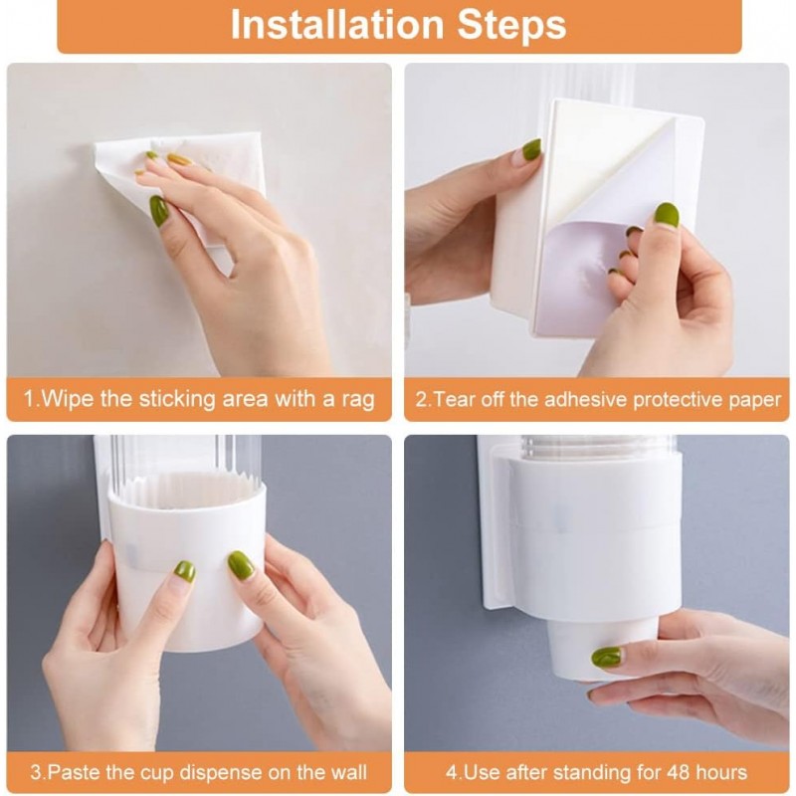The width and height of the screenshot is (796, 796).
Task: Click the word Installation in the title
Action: [x=337, y=24]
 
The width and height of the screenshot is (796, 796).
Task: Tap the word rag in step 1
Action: [x=358, y=400]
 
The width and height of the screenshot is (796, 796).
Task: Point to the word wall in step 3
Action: [x=347, y=772]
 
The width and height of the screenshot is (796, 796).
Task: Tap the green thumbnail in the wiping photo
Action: [x=158, y=211]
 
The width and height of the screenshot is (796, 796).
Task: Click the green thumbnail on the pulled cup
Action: [x=606, y=657]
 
